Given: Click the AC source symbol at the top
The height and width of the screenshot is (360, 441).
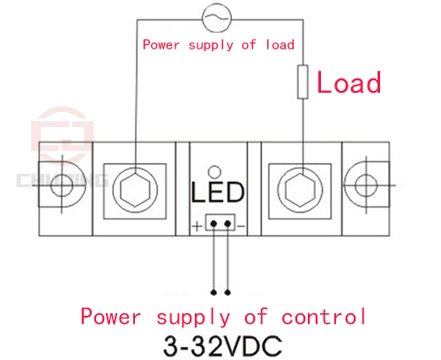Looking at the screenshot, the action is click(x=217, y=18).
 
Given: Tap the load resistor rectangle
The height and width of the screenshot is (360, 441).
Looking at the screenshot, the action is click(x=303, y=82).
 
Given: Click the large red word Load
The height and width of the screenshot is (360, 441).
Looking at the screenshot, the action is click(x=349, y=82).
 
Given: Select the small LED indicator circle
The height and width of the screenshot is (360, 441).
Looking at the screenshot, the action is click(x=214, y=172).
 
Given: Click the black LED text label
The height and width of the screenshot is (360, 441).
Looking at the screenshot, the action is click(x=218, y=191).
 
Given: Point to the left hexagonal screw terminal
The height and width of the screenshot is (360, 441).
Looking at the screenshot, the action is click(x=135, y=191).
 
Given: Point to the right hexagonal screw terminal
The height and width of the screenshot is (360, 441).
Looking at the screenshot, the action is click(x=300, y=190).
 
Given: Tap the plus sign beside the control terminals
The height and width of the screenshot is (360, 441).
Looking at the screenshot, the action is click(x=198, y=226).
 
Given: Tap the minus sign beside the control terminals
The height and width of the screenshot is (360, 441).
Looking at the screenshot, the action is click(x=241, y=226).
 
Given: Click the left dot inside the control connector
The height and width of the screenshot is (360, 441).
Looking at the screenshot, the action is click(x=213, y=224).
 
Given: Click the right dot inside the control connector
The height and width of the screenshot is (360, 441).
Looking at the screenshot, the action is click(x=228, y=224).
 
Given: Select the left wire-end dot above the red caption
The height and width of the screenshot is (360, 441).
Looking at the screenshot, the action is click(x=213, y=292).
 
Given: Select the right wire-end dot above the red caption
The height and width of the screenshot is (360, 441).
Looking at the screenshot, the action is click(x=228, y=292).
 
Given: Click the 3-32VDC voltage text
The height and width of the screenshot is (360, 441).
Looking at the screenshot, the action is click(x=223, y=346).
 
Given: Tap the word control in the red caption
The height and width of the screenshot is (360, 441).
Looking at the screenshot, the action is click(x=324, y=317).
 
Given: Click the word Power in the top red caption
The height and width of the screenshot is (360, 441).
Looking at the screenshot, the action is click(x=161, y=45).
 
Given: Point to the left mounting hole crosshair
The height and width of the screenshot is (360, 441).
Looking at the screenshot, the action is click(x=62, y=185).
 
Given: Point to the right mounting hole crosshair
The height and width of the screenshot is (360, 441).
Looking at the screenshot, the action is click(x=366, y=185).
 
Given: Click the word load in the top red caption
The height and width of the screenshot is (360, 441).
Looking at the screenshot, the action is click(x=280, y=45).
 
